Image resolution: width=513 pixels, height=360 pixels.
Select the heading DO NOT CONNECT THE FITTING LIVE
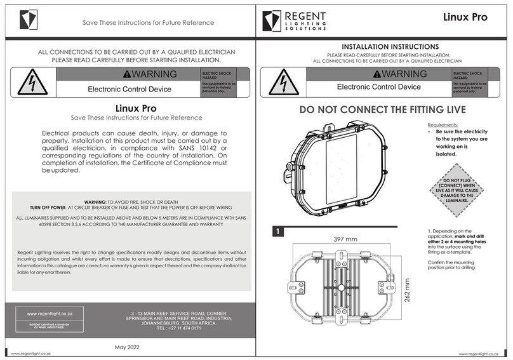[382, 109]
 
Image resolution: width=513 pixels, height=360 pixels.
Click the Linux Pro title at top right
[465, 17]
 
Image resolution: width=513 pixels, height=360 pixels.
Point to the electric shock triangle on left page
[32, 83]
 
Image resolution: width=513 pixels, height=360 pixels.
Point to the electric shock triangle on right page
[283, 83]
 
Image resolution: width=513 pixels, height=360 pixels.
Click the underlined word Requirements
[443, 125]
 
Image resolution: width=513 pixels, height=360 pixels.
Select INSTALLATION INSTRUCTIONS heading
[382, 47]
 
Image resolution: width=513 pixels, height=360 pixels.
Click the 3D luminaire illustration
[336, 166]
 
